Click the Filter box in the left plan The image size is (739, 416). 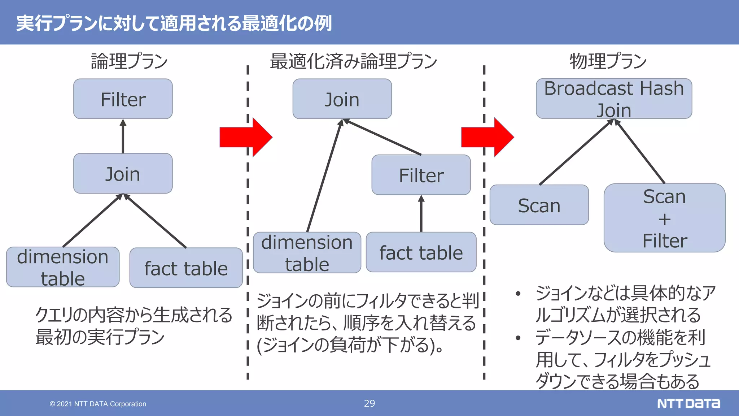pos(123,99)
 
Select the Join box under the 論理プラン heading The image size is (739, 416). pos(123,174)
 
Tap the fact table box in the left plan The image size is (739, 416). pos(186,268)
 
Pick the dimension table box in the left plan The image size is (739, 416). pos(63,267)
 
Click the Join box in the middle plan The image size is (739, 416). pos(342,99)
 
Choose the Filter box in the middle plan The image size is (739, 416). pos(421,175)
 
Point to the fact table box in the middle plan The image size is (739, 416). pos(421,252)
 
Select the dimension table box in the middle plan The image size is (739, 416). pos(307,252)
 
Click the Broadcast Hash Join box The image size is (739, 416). pos(614,99)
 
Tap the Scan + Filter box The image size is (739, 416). pos(664,218)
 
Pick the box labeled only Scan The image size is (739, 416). pos(539,205)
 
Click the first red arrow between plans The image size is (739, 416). pos(245,137)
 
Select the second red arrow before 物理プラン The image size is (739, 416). pos(487,137)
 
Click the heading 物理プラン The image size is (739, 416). pos(608,61)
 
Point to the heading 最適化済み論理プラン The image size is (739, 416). pos(354,61)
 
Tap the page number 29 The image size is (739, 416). pos(369,403)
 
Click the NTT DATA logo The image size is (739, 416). pos(688,403)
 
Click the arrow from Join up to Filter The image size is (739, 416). pos(123,136)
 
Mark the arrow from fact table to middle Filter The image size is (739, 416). pos(421,214)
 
